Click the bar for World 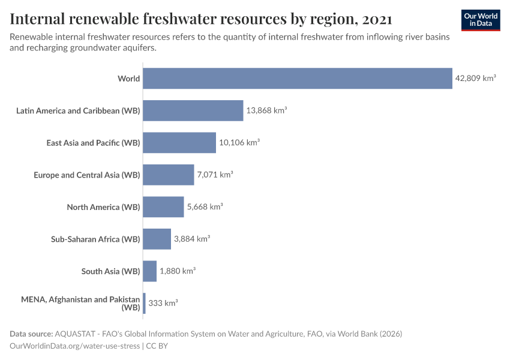coord(297,79)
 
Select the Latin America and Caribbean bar coord(193,110)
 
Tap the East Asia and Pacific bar coord(179,143)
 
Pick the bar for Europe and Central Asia coord(169,175)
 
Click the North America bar coord(163,207)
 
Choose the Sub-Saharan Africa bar coord(157,239)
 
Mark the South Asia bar coord(150,271)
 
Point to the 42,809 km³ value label coord(475,79)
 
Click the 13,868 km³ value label coord(266,110)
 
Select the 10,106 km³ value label coord(239,143)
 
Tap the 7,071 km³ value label coord(215,175)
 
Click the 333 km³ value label coord(163,303)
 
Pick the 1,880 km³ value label coord(178,271)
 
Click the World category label coord(129,79)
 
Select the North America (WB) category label coord(103,207)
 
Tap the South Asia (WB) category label coord(110,271)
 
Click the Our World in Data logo coord(480,20)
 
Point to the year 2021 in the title coord(377,19)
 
